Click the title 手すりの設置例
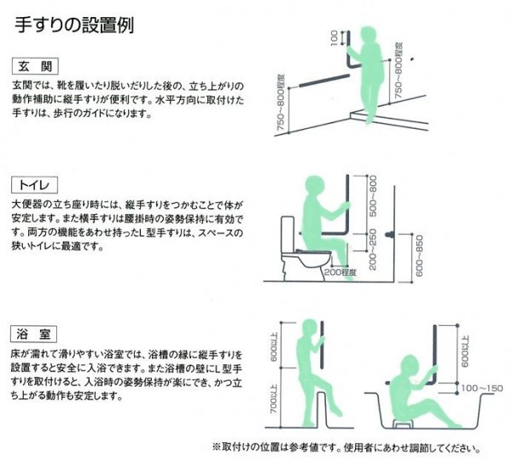(74, 25)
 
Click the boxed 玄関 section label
(35, 67)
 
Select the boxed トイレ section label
(35, 185)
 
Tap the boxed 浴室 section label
(34, 334)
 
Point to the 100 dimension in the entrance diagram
(334, 38)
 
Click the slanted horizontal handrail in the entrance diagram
(324, 81)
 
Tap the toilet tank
(288, 235)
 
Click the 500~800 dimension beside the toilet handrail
(373, 196)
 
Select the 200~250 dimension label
(373, 250)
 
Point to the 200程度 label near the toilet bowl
(340, 272)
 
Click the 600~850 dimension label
(420, 256)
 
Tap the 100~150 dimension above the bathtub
(482, 388)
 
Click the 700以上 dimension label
(274, 404)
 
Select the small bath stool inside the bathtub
(404, 424)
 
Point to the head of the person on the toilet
(316, 186)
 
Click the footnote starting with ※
(346, 447)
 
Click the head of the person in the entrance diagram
(370, 36)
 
